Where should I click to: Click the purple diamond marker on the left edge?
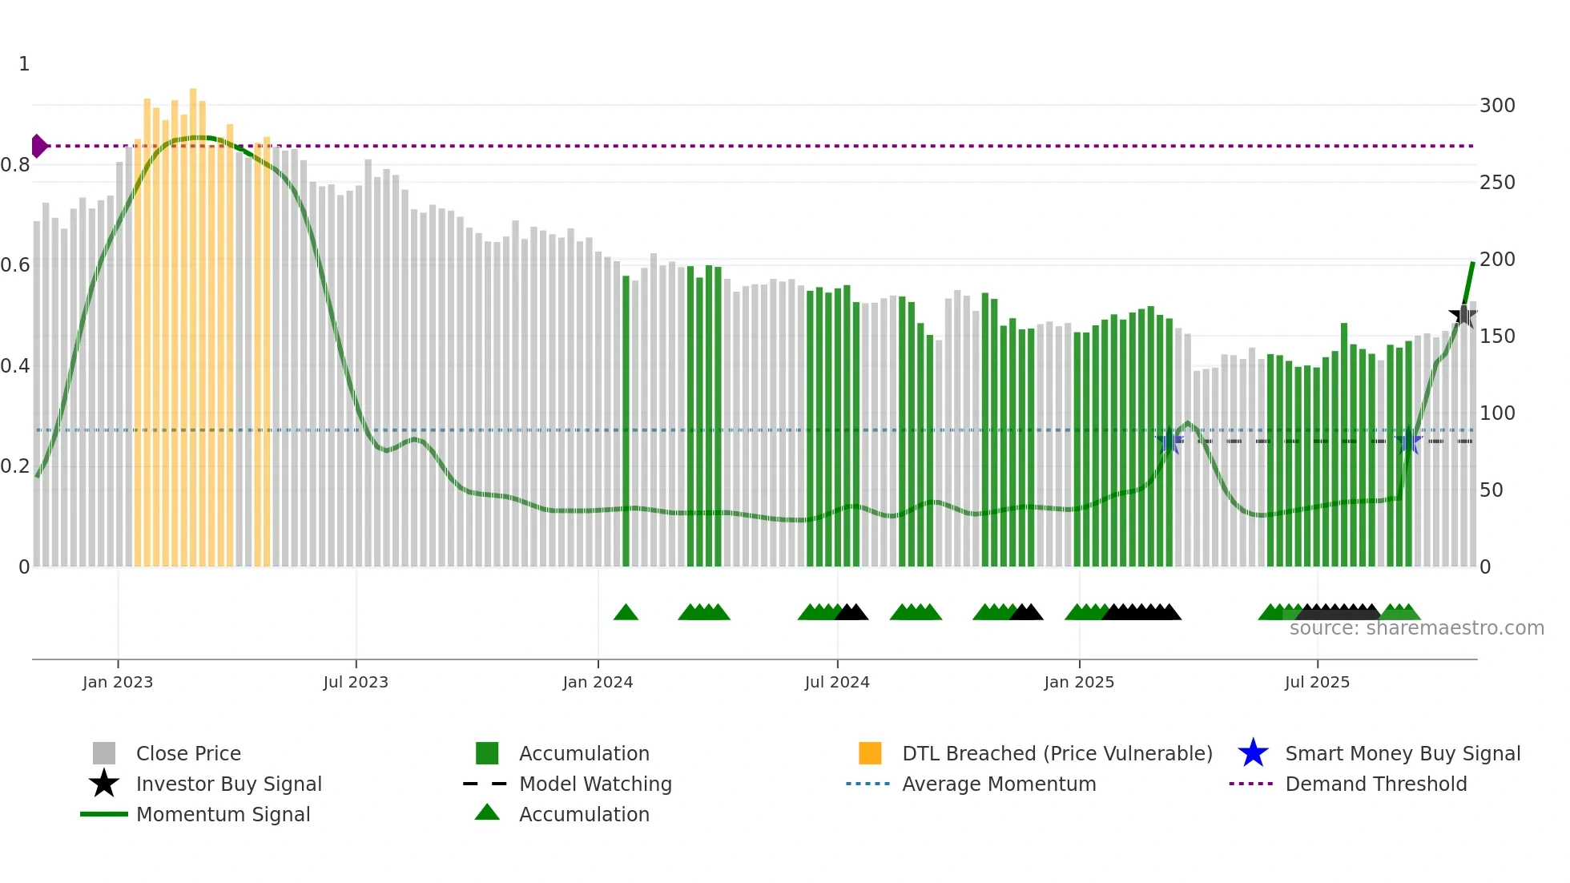[38, 146]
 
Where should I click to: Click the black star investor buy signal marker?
[1463, 316]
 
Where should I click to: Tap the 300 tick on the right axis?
[1496, 106]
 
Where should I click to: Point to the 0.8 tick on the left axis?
[15, 165]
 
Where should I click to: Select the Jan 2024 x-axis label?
[598, 683]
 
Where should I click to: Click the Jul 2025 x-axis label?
[1317, 683]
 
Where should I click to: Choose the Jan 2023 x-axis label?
[118, 683]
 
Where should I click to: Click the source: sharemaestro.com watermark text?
[1416, 628]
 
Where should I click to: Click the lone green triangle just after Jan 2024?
[626, 613]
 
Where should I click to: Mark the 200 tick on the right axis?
[1496, 260]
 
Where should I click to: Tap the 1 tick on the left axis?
[24, 64]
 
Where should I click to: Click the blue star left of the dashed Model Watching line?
[1169, 441]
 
